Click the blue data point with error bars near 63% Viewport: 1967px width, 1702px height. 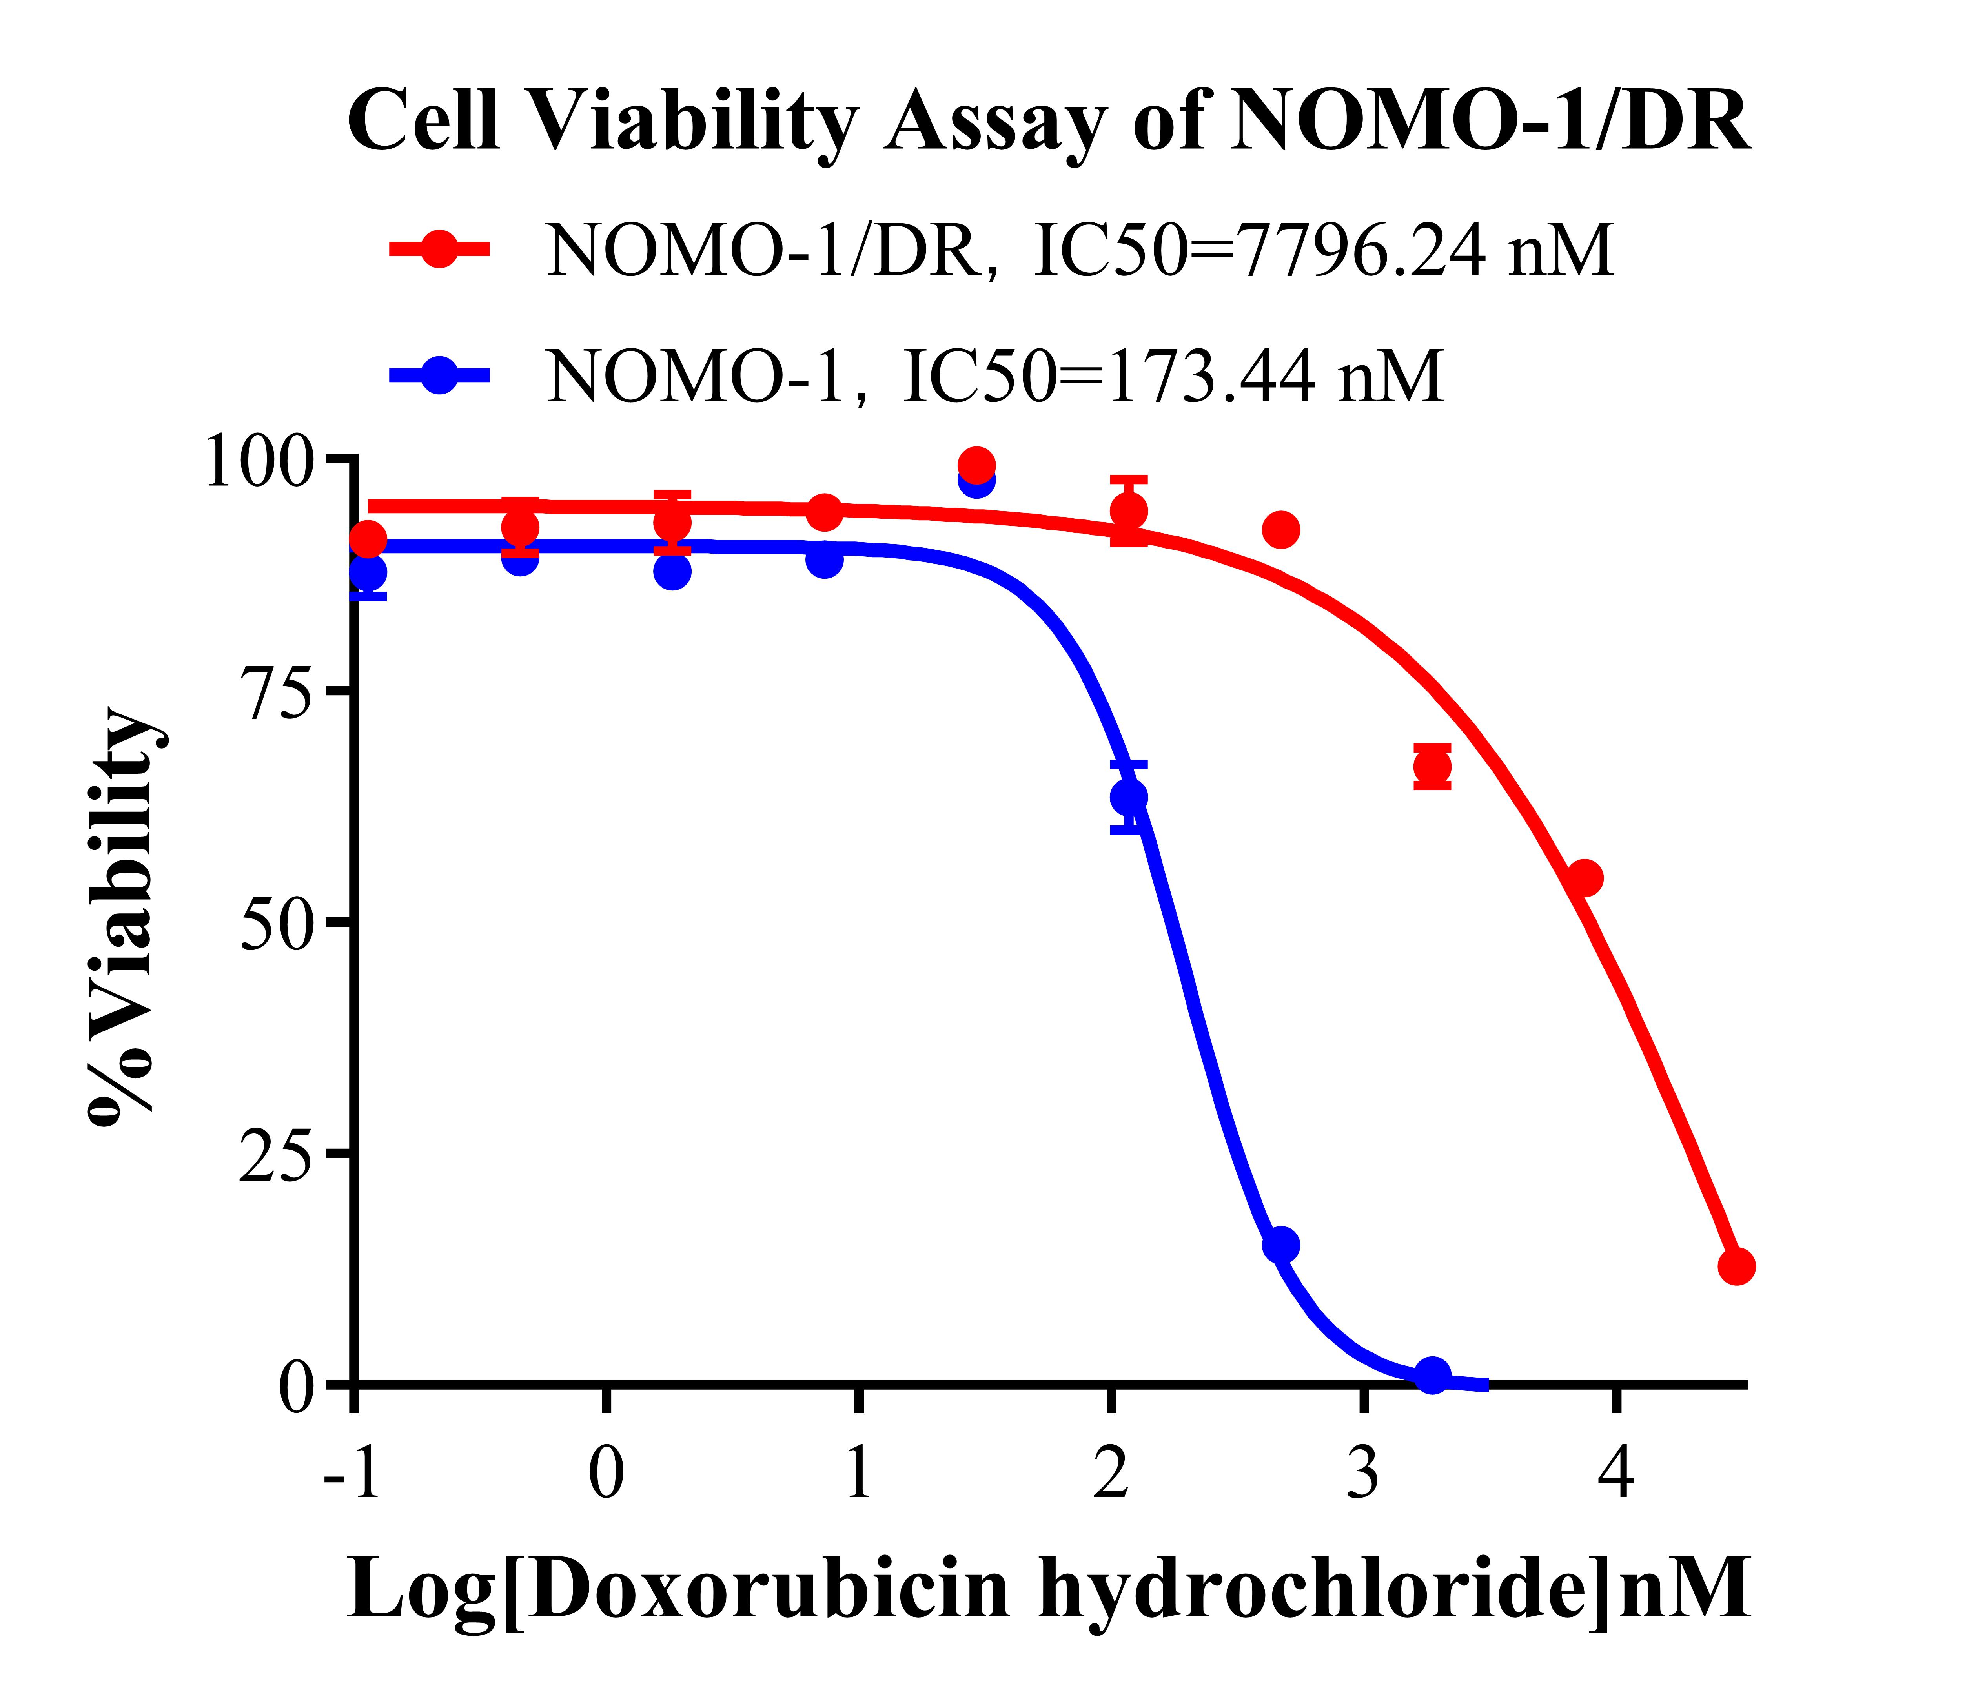click(1128, 796)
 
